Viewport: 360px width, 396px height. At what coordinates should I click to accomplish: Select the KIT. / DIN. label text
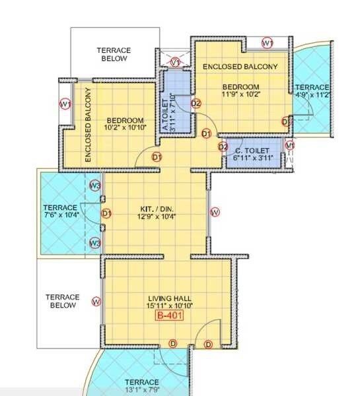click(156, 206)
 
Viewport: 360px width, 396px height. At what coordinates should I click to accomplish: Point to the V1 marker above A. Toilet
click(176, 62)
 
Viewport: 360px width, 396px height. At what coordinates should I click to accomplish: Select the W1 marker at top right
click(268, 43)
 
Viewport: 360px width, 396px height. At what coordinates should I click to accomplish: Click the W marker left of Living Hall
click(96, 302)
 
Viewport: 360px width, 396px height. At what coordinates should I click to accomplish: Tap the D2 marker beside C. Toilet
click(223, 147)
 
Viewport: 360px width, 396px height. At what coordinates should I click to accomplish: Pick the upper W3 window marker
click(94, 186)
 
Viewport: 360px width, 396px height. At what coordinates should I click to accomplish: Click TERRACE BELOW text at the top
click(114, 54)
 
